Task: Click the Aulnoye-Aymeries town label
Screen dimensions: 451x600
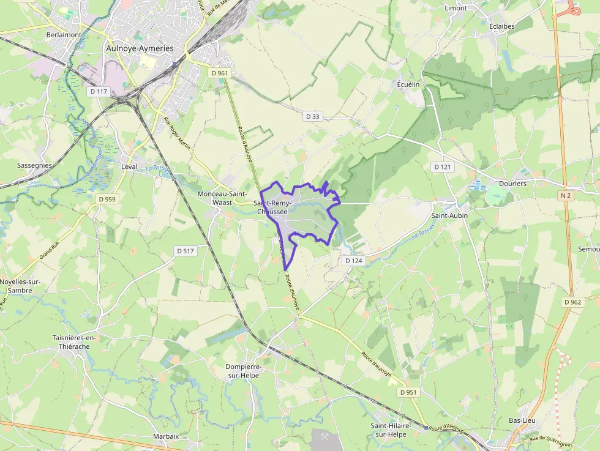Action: pos(140,48)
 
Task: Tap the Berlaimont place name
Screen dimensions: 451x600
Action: pos(64,35)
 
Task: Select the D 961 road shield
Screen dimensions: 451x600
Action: pos(219,73)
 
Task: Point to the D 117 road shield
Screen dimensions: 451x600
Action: pos(98,92)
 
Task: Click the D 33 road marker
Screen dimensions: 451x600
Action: pos(312,116)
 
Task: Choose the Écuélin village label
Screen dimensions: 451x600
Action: pos(408,84)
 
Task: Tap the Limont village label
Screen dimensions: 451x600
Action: pos(456,8)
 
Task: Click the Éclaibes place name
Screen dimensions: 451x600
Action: pos(501,26)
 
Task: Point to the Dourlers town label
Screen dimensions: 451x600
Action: pos(512,183)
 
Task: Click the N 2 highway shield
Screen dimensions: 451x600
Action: pos(565,196)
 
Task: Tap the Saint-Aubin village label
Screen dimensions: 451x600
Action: pos(450,215)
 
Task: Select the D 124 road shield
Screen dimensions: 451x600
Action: pos(354,261)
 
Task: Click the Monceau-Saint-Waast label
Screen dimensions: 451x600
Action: pos(222,198)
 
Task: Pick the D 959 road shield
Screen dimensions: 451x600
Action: pos(107,199)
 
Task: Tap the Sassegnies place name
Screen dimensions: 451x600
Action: pos(34,165)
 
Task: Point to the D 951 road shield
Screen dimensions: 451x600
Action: pos(408,392)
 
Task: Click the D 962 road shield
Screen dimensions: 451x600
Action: pos(572,302)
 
